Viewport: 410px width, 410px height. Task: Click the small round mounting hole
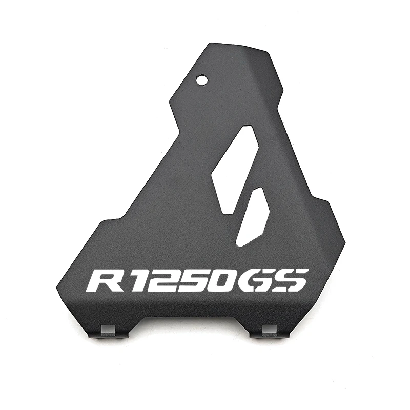pyautogui.click(x=202, y=80)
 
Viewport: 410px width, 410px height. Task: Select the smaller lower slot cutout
pyautogui.click(x=252, y=217)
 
